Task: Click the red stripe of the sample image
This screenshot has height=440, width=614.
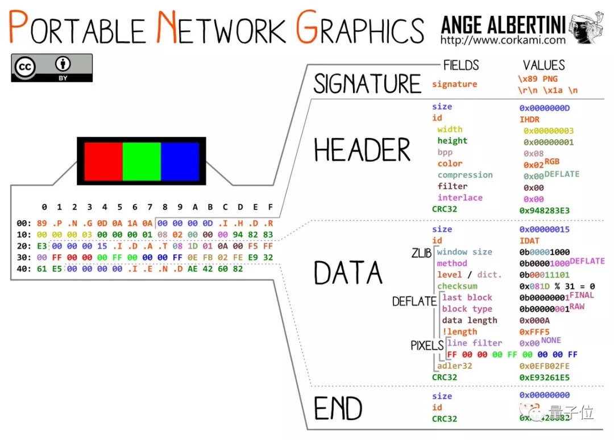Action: point(103,161)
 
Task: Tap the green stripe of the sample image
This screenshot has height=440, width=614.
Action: point(142,161)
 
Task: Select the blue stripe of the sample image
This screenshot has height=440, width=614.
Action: point(180,161)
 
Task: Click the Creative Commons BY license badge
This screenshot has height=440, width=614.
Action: point(51,68)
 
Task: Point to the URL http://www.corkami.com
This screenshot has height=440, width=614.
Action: point(503,40)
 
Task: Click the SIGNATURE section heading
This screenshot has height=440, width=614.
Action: point(367,84)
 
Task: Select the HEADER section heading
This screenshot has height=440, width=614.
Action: point(362,150)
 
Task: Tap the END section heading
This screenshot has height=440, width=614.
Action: point(338,408)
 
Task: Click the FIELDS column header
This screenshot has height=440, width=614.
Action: point(460,65)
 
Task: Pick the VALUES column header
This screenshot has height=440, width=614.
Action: point(544,65)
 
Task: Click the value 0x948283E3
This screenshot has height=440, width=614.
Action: point(544,211)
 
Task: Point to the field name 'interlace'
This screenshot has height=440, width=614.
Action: point(460,198)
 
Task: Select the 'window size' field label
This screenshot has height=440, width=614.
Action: point(464,252)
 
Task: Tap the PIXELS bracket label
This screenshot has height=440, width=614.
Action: point(427,345)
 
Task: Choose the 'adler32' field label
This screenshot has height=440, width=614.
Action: point(455,366)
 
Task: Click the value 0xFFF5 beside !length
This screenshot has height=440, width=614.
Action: point(534,332)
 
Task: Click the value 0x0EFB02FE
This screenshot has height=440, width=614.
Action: point(544,366)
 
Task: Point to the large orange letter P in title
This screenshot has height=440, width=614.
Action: point(19,27)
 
